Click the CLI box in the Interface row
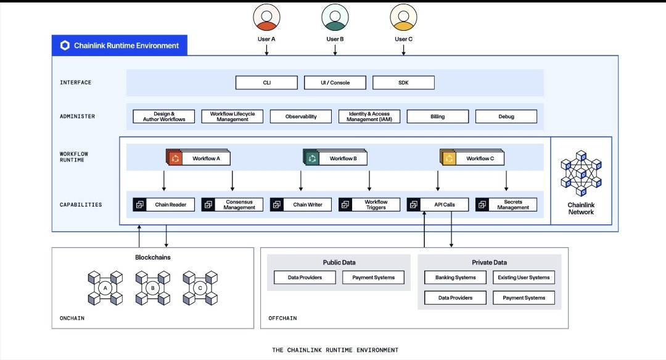point(266,83)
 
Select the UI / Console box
point(335,83)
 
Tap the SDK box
point(403,83)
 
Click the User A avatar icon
point(266,18)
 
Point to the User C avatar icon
point(403,18)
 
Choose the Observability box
point(301,117)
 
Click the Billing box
point(437,117)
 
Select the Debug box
point(506,117)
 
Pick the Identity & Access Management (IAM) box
point(369,117)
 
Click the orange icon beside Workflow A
point(175,158)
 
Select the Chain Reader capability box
point(164,205)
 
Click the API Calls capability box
point(437,205)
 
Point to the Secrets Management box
point(506,205)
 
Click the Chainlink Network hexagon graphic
point(581,173)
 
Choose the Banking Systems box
point(456,277)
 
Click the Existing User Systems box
point(524,277)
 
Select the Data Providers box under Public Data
point(305,277)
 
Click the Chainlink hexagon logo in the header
point(65,46)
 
